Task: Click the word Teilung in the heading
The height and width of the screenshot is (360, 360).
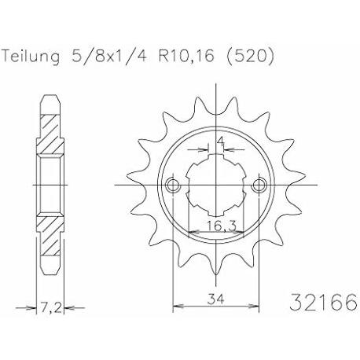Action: tap(31, 57)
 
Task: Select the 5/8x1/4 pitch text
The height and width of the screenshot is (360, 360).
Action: tap(108, 56)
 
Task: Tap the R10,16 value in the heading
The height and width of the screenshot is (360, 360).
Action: tap(186, 56)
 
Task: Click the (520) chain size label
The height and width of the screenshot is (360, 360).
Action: tap(250, 56)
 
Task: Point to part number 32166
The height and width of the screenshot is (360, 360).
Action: tap(323, 302)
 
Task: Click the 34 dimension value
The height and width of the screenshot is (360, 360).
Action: tap(216, 299)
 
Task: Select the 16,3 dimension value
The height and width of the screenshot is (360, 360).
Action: tap(222, 226)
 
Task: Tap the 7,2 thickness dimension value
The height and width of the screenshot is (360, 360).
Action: tap(51, 307)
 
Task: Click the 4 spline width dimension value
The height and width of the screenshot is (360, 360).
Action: tap(221, 142)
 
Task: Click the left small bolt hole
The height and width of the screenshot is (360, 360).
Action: tap(173, 186)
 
